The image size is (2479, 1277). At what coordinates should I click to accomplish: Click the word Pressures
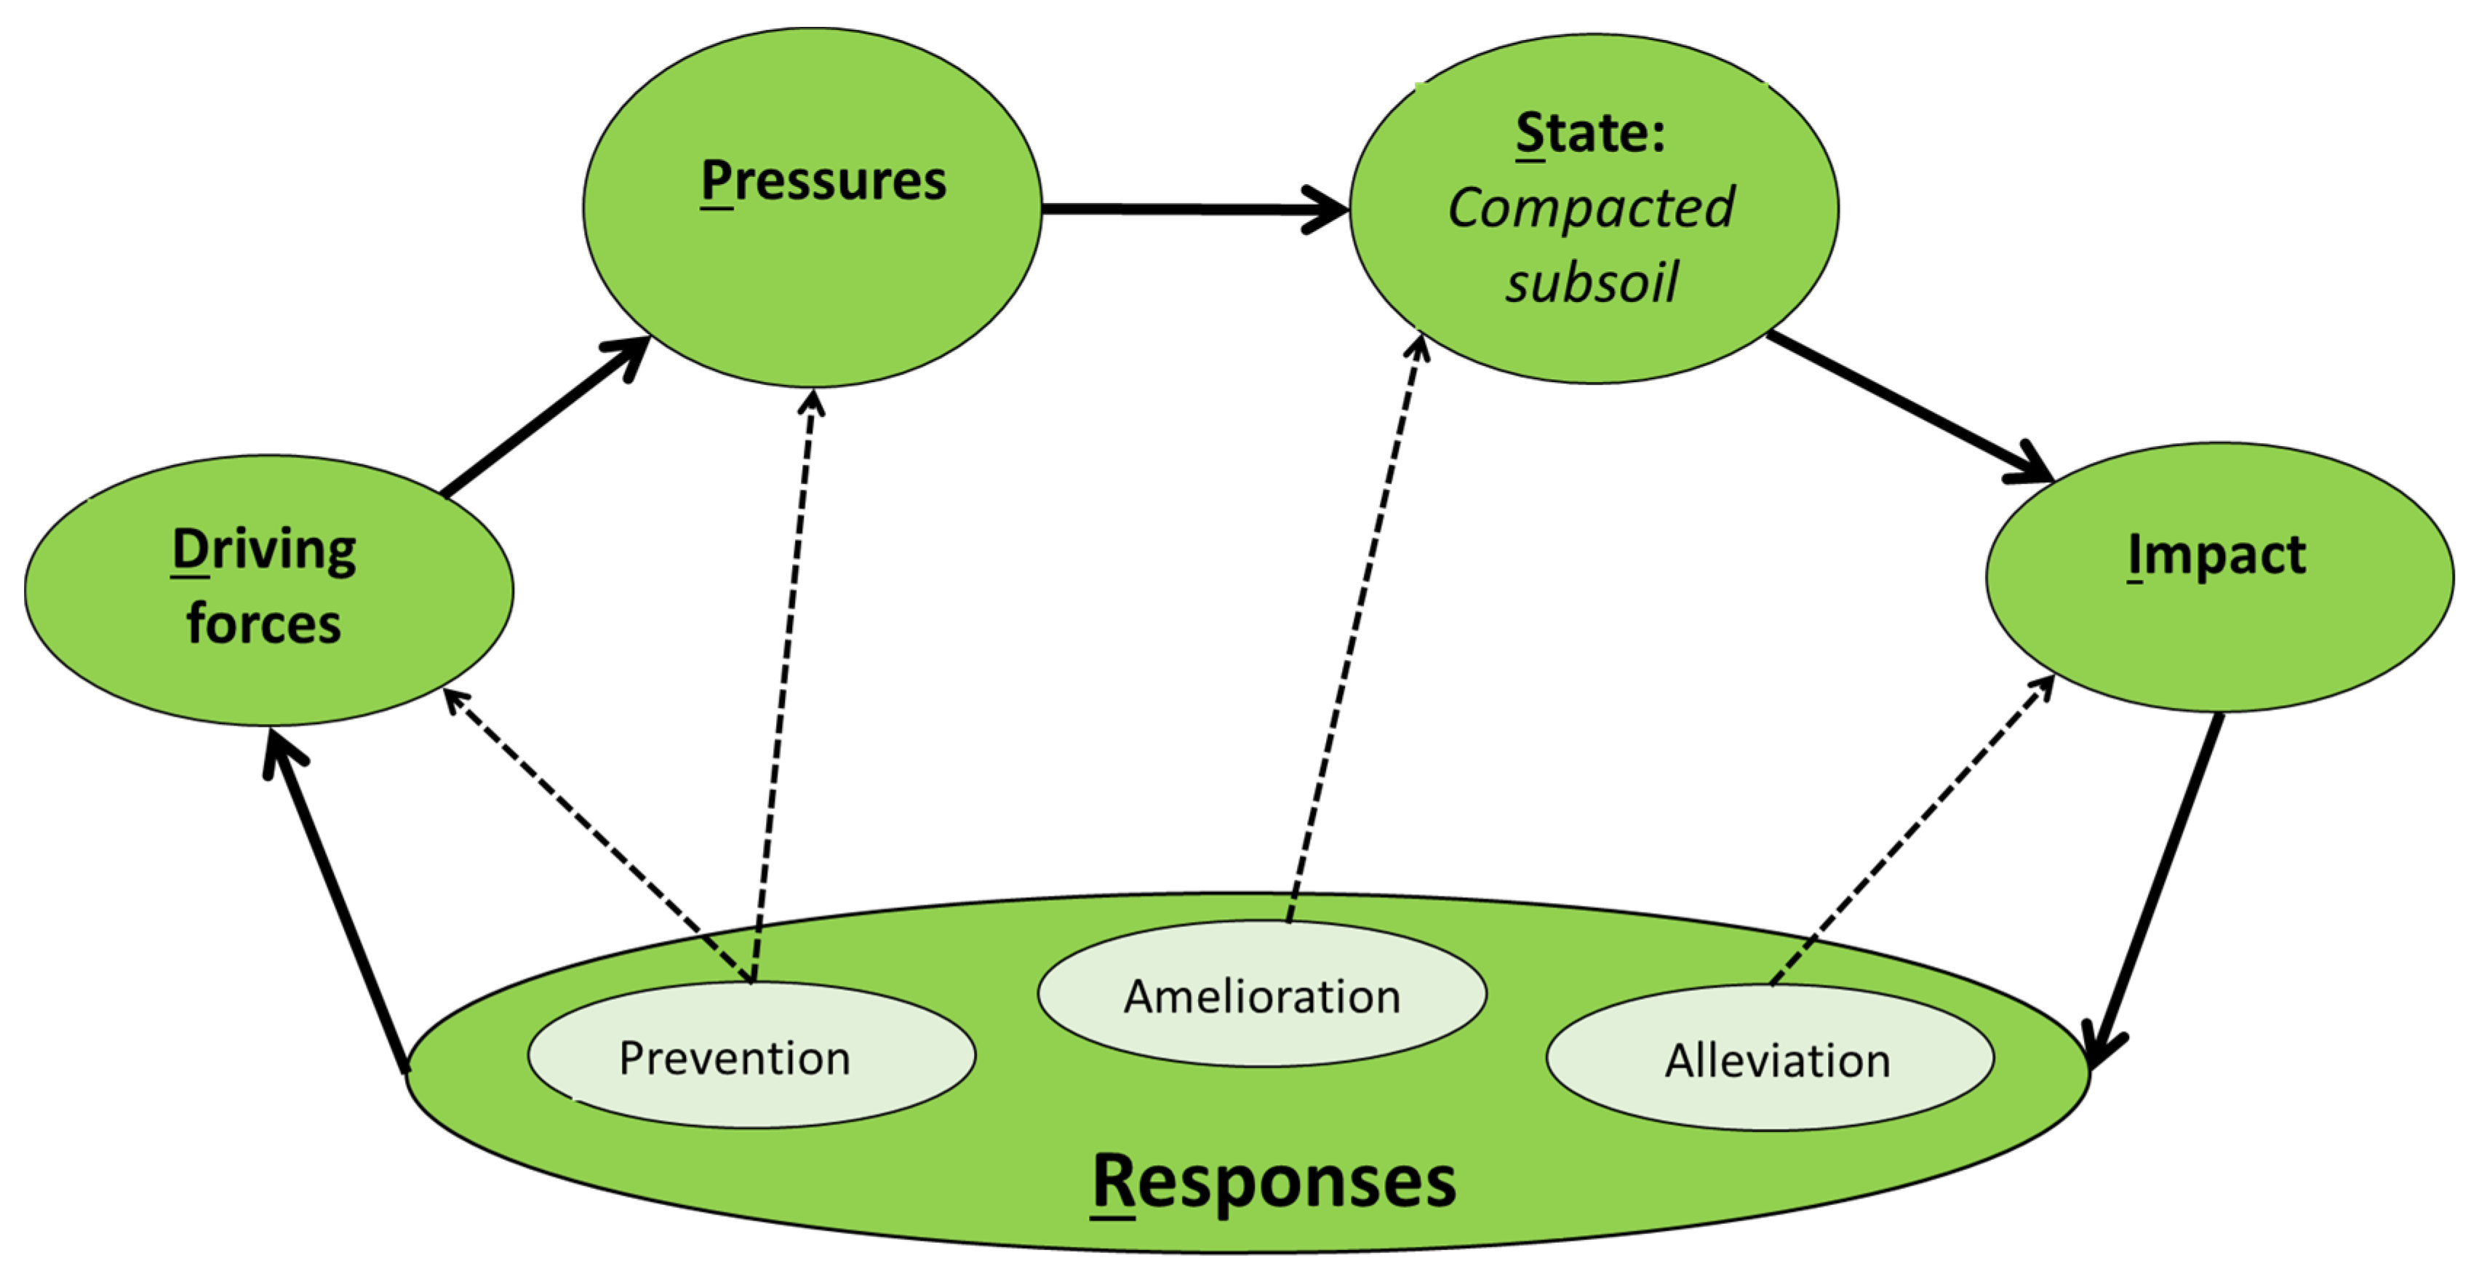click(x=823, y=181)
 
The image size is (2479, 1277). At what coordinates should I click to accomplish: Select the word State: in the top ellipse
click(x=1590, y=133)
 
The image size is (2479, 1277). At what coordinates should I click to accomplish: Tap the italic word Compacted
click(x=1592, y=209)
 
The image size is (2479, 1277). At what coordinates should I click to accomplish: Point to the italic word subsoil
click(x=1592, y=282)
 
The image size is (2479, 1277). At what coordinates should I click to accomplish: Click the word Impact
click(x=2217, y=555)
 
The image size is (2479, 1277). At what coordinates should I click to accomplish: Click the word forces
click(x=263, y=624)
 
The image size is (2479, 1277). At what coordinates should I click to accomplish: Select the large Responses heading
click(x=1274, y=1182)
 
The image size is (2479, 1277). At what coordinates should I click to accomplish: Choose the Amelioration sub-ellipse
click(x=1261, y=994)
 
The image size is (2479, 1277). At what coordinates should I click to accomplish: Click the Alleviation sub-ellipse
click(x=1771, y=1057)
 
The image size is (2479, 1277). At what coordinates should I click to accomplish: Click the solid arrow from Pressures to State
click(x=1195, y=209)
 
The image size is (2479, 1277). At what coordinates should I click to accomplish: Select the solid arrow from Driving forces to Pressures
click(x=546, y=417)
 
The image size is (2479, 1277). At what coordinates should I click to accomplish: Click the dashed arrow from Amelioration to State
click(x=1355, y=626)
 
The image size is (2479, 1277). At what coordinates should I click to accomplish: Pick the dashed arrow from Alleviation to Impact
click(x=1913, y=830)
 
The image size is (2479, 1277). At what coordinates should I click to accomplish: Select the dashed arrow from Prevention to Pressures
click(x=783, y=685)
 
